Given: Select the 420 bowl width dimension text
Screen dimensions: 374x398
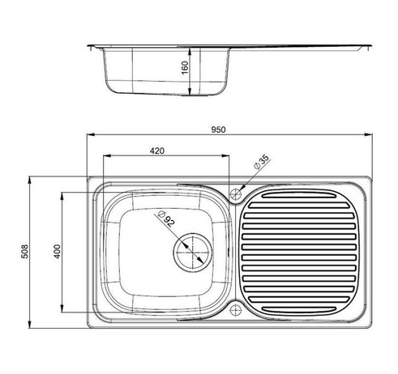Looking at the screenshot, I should pos(159,151).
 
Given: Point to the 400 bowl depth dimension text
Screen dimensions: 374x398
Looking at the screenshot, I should pos(58,253).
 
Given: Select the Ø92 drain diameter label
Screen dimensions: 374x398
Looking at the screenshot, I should pos(164,219).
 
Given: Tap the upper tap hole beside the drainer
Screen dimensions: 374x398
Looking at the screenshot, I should pos(236,194).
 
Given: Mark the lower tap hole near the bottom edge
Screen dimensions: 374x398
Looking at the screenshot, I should pos(236,308).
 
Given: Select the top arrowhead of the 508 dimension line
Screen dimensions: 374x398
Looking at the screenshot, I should pos(30,178).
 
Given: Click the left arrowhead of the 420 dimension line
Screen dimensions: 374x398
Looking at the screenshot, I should pos(103,156).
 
